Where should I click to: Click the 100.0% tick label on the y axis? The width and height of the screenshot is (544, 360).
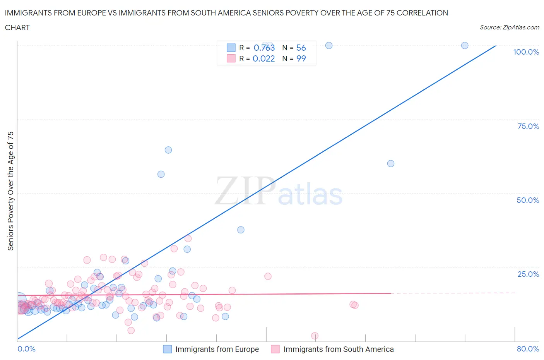[526, 52]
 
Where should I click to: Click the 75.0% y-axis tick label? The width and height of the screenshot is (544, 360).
[528, 126]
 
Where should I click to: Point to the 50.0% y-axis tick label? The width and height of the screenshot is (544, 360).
[527, 200]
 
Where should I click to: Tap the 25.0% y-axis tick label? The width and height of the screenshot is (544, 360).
[528, 274]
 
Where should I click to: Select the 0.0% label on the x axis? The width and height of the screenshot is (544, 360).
[26, 349]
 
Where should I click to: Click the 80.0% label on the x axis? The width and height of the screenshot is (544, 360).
[528, 349]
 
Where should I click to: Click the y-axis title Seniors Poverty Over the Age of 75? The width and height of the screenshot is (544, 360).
[11, 191]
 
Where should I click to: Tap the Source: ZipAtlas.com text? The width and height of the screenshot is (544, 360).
[509, 27]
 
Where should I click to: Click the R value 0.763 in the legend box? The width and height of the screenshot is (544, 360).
[264, 48]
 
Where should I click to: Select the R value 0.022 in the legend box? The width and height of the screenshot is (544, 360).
[263, 58]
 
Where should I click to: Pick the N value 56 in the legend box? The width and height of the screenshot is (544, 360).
[301, 48]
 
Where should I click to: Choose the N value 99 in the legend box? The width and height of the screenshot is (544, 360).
[301, 58]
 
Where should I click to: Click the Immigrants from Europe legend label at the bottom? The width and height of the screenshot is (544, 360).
[217, 349]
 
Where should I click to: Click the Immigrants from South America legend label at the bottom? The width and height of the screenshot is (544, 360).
[338, 349]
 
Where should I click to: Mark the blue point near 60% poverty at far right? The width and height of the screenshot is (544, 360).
[391, 163]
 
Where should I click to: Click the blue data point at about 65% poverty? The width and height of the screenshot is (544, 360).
[168, 150]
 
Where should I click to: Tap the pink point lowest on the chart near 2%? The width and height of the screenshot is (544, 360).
[315, 336]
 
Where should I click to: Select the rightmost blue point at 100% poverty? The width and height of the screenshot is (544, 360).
[465, 45]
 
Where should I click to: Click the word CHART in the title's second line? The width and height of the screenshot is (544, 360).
[17, 27]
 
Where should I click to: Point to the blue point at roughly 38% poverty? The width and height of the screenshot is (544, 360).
[241, 230]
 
